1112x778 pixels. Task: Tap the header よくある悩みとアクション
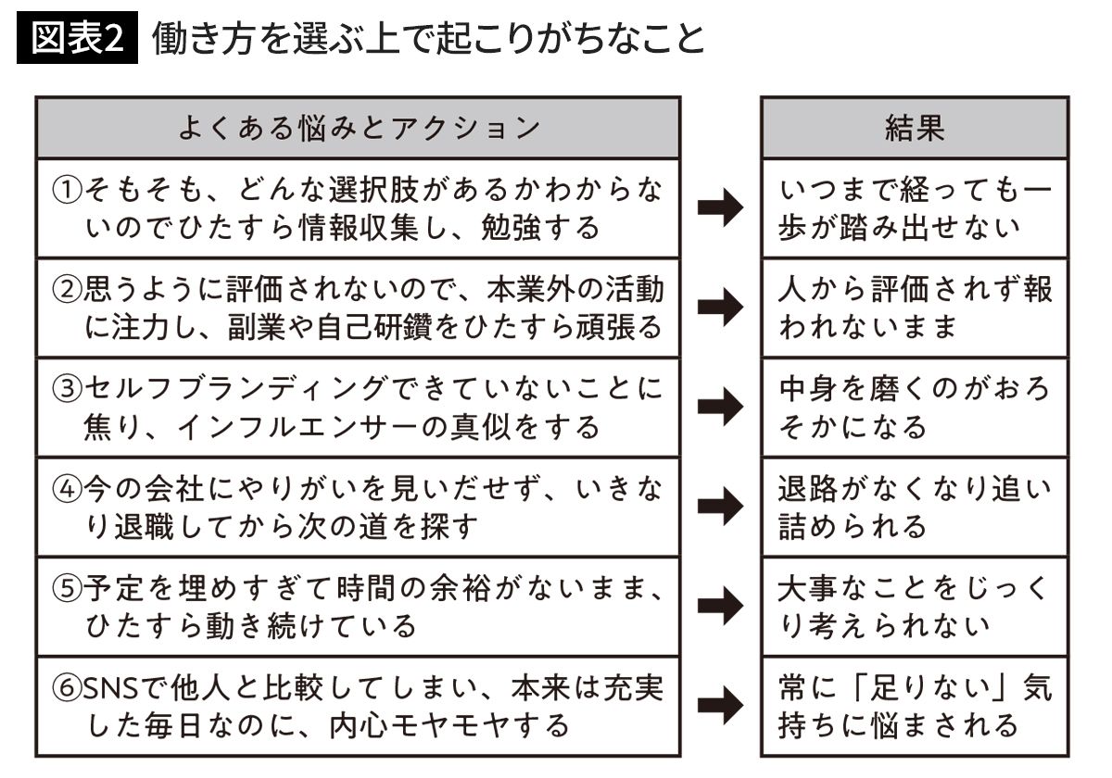[358, 128]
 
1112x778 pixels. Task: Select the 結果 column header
[915, 128]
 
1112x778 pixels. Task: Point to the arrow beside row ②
[721, 307]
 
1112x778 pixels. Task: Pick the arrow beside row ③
[721, 408]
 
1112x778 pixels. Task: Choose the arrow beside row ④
[721, 507]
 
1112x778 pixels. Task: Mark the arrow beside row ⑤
[721, 607]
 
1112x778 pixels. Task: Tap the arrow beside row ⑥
[721, 707]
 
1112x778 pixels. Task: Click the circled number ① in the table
[68, 191]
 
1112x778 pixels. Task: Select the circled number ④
[68, 490]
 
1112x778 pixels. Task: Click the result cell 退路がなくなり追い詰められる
[915, 507]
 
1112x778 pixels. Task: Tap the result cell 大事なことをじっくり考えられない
[915, 607]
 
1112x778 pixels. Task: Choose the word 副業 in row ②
[254, 327]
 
